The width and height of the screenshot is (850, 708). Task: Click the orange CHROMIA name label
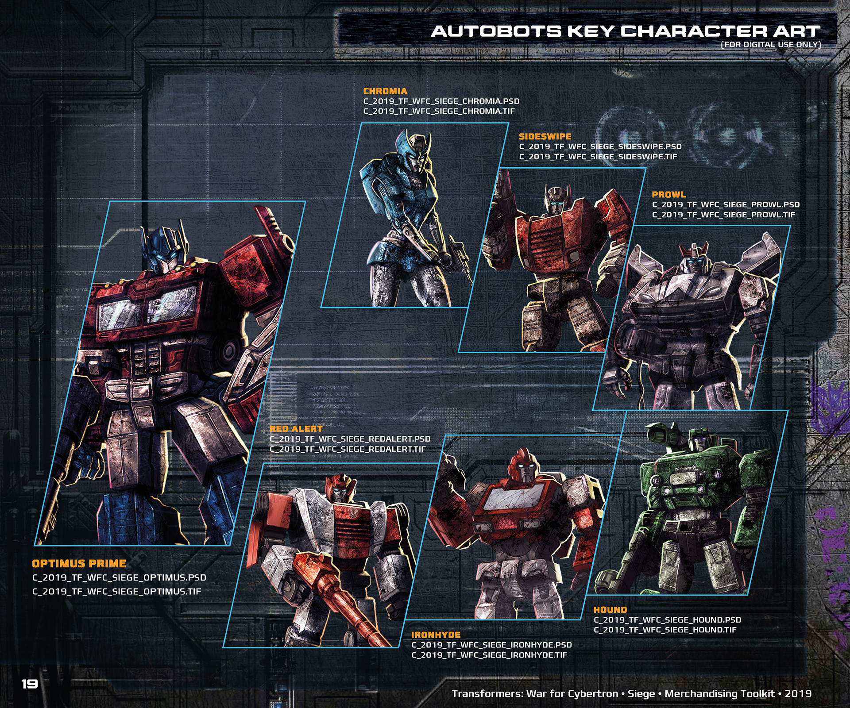pyautogui.click(x=385, y=91)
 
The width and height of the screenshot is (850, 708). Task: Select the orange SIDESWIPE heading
pyautogui.click(x=545, y=137)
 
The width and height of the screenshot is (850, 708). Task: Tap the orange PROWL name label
pyautogui.click(x=668, y=195)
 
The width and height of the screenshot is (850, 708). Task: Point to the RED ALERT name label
pyautogui.click(x=296, y=429)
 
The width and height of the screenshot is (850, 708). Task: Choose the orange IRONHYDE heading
pyautogui.click(x=436, y=635)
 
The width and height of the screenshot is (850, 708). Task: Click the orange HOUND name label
pyautogui.click(x=610, y=610)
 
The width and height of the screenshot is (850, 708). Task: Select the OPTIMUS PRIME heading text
pyautogui.click(x=79, y=563)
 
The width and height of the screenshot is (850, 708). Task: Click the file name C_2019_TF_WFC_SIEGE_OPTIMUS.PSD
pyautogui.click(x=119, y=577)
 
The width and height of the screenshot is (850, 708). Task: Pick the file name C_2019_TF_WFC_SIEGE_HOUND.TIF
pyautogui.click(x=665, y=630)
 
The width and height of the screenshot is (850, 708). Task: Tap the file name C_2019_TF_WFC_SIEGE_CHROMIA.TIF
pyautogui.click(x=439, y=111)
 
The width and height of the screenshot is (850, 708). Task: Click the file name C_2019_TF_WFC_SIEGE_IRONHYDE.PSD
pyautogui.click(x=491, y=645)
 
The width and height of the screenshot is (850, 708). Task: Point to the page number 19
pyautogui.click(x=30, y=684)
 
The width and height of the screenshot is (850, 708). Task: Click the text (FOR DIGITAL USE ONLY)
pyautogui.click(x=771, y=45)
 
